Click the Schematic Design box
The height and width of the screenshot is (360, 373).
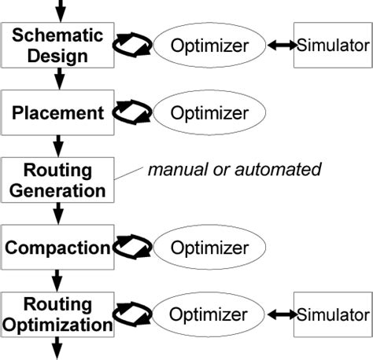[x=57, y=45]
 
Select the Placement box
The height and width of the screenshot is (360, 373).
[x=57, y=112]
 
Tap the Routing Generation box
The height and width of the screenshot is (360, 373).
[x=57, y=180]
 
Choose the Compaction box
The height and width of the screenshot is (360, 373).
[x=57, y=248]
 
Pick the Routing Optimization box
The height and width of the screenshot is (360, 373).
[x=57, y=314]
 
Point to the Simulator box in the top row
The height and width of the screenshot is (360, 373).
[x=331, y=46]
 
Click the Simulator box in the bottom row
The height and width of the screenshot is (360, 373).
[x=331, y=314]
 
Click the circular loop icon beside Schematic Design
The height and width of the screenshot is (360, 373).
[x=131, y=46]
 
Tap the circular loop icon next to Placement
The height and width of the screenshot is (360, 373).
[x=131, y=113]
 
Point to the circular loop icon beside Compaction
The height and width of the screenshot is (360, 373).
[x=131, y=249]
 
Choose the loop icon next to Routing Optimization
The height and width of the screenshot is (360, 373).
[x=131, y=315]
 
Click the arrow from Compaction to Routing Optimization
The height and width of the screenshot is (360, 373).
[x=58, y=279]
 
